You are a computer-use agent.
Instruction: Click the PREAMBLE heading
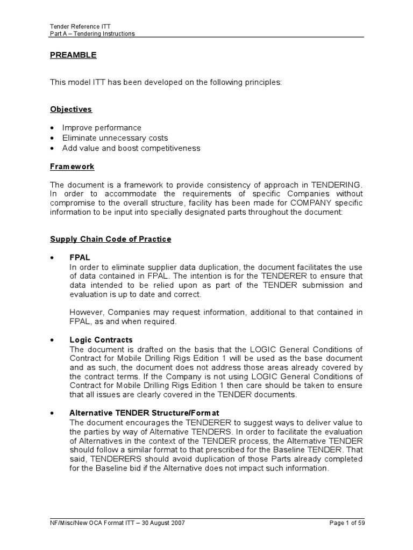tap(73, 55)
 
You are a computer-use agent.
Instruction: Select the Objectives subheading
tap(71, 109)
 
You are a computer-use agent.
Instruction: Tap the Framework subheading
tap(72, 167)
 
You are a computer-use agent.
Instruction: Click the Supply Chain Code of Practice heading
tap(111, 239)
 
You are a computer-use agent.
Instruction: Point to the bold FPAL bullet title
tap(80, 258)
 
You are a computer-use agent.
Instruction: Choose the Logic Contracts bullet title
tap(101, 340)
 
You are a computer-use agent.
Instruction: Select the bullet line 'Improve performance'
tap(102, 128)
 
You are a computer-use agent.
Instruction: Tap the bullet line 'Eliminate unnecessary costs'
tap(115, 138)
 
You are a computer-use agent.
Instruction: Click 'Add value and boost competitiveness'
tap(131, 148)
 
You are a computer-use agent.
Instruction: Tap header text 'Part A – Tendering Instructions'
tap(92, 33)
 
